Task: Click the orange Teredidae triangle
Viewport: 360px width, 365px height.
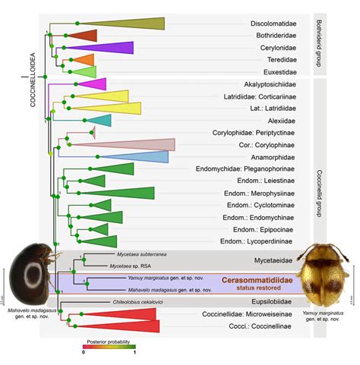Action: (x=84, y=59)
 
